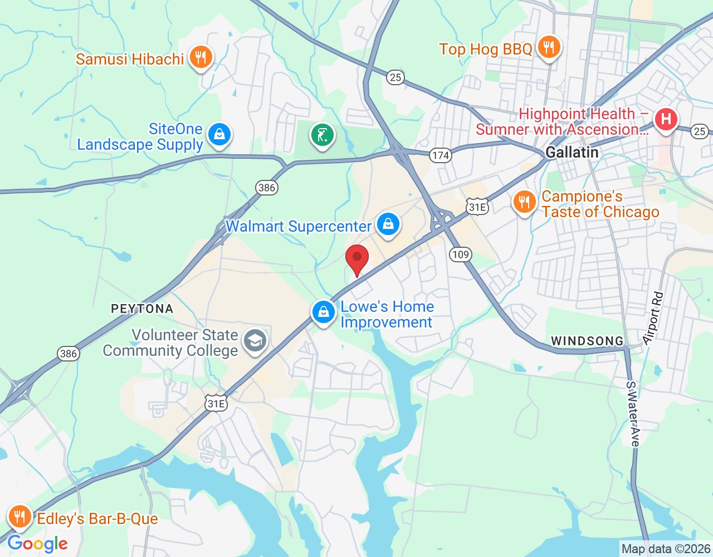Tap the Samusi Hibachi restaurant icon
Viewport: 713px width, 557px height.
click(x=201, y=57)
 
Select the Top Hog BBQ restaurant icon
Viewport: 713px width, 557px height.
click(x=549, y=47)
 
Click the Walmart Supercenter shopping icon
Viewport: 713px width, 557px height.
click(x=388, y=224)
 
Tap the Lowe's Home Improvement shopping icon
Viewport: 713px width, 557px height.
click(x=323, y=312)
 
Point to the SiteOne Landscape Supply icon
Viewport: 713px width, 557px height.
click(x=219, y=135)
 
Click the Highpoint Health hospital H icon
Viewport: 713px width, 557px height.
click(x=666, y=119)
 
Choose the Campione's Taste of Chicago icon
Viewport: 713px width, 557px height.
click(x=524, y=202)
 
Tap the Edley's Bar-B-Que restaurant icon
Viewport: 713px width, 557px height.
click(x=19, y=517)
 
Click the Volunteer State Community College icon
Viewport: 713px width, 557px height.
click(x=255, y=341)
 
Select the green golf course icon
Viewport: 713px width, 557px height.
click(x=322, y=135)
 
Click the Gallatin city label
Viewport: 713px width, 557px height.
click(x=572, y=153)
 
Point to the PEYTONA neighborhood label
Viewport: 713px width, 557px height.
click(x=142, y=309)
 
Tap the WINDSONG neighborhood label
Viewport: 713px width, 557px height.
click(x=587, y=341)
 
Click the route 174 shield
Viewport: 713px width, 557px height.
click(x=440, y=155)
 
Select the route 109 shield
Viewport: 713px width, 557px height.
click(x=461, y=255)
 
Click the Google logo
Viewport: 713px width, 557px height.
click(x=38, y=544)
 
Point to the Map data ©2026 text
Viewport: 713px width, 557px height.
click(x=666, y=549)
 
